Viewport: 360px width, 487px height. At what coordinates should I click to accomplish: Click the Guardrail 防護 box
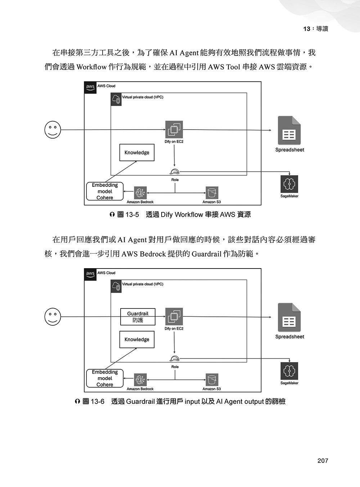138,317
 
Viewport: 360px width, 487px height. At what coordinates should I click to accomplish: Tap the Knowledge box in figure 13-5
137,153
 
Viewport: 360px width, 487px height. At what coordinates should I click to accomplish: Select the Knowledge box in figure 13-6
137,339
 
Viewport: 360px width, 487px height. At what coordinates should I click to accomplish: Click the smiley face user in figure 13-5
53,129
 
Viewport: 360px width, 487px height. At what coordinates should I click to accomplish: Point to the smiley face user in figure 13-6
53,316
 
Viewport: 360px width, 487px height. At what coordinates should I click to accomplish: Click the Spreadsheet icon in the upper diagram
289,130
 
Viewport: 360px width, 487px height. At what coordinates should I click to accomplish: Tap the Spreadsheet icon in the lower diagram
289,317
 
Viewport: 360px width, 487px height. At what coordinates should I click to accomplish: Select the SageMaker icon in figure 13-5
289,184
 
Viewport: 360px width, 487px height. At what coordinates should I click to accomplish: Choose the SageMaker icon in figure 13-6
289,371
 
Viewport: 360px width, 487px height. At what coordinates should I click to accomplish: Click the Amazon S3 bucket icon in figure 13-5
212,193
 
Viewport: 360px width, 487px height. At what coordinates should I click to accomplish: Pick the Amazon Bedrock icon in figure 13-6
140,380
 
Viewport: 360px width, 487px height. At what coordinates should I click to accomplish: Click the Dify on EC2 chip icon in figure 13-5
174,130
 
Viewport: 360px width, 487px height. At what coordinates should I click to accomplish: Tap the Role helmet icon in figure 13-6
175,358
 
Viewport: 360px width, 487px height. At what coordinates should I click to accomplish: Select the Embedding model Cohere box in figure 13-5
105,191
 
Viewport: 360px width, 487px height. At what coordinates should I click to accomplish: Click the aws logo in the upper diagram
90,87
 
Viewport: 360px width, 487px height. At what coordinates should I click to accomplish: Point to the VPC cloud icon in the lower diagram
116,286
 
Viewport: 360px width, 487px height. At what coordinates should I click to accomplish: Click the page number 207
323,460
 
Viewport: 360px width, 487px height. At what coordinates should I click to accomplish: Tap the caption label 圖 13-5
128,215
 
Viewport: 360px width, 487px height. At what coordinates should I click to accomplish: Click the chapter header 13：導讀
315,29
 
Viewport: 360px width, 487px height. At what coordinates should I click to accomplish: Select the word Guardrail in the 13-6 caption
140,402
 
